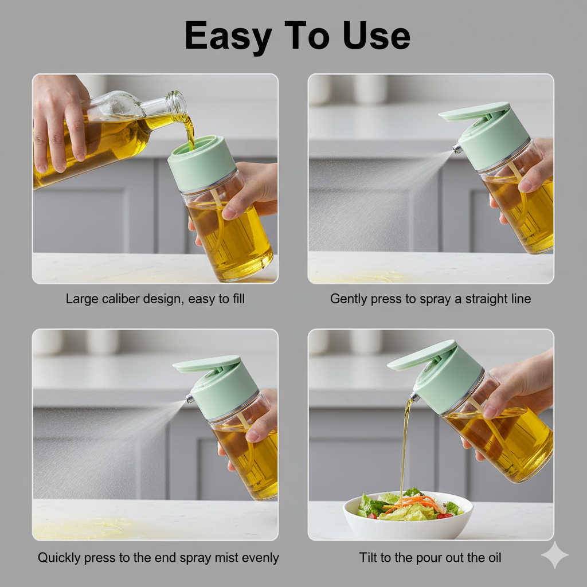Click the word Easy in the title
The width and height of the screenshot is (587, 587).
click(228, 36)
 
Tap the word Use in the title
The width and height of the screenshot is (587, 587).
click(376, 36)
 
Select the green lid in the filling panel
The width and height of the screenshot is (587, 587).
click(202, 162)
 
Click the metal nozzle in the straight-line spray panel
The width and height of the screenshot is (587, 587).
click(457, 148)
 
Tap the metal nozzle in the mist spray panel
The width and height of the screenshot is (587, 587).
click(190, 398)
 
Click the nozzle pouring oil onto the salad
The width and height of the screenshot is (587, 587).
click(414, 397)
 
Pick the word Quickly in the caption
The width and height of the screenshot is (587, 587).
click(59, 558)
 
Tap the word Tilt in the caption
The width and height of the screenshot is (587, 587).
click(368, 557)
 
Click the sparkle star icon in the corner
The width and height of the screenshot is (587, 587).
click(555, 555)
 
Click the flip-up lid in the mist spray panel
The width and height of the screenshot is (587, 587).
click(206, 363)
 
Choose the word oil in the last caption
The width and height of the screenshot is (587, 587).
click(492, 557)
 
